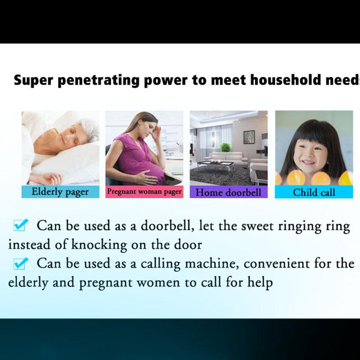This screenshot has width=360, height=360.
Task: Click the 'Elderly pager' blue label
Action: tap(60, 192)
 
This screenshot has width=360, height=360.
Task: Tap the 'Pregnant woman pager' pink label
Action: tap(144, 192)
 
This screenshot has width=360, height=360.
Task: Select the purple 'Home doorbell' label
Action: tap(229, 192)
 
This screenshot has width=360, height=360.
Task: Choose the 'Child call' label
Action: tap(314, 192)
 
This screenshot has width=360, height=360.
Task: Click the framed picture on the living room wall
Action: tap(249, 137)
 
